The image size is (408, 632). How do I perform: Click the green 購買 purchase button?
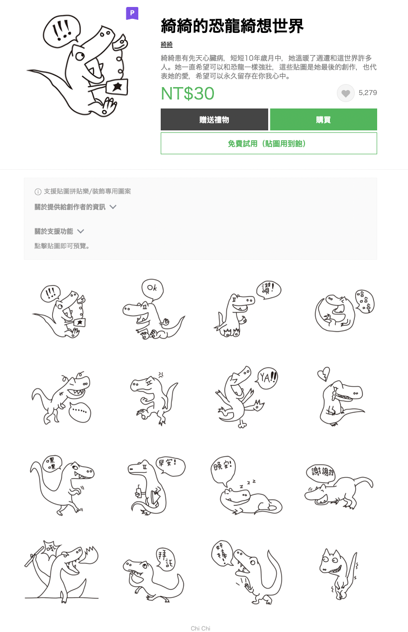pos(323,119)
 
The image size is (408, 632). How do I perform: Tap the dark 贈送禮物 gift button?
pos(214,119)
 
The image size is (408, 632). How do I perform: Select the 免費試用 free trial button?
pos(269,143)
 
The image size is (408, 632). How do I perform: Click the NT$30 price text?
pos(188,94)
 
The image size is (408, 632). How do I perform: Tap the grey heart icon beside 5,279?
pos(346,93)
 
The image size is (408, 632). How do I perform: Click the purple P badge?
pos(132,13)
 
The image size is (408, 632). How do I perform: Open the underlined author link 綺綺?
pos(167,45)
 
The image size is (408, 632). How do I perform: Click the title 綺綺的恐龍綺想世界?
pos(232,26)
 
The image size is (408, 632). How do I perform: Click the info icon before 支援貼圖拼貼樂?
pos(38,192)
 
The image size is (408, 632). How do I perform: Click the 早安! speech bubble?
pos(170,467)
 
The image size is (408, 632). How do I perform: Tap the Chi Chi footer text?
pos(201,629)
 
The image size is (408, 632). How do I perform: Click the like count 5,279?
pos(368,93)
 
